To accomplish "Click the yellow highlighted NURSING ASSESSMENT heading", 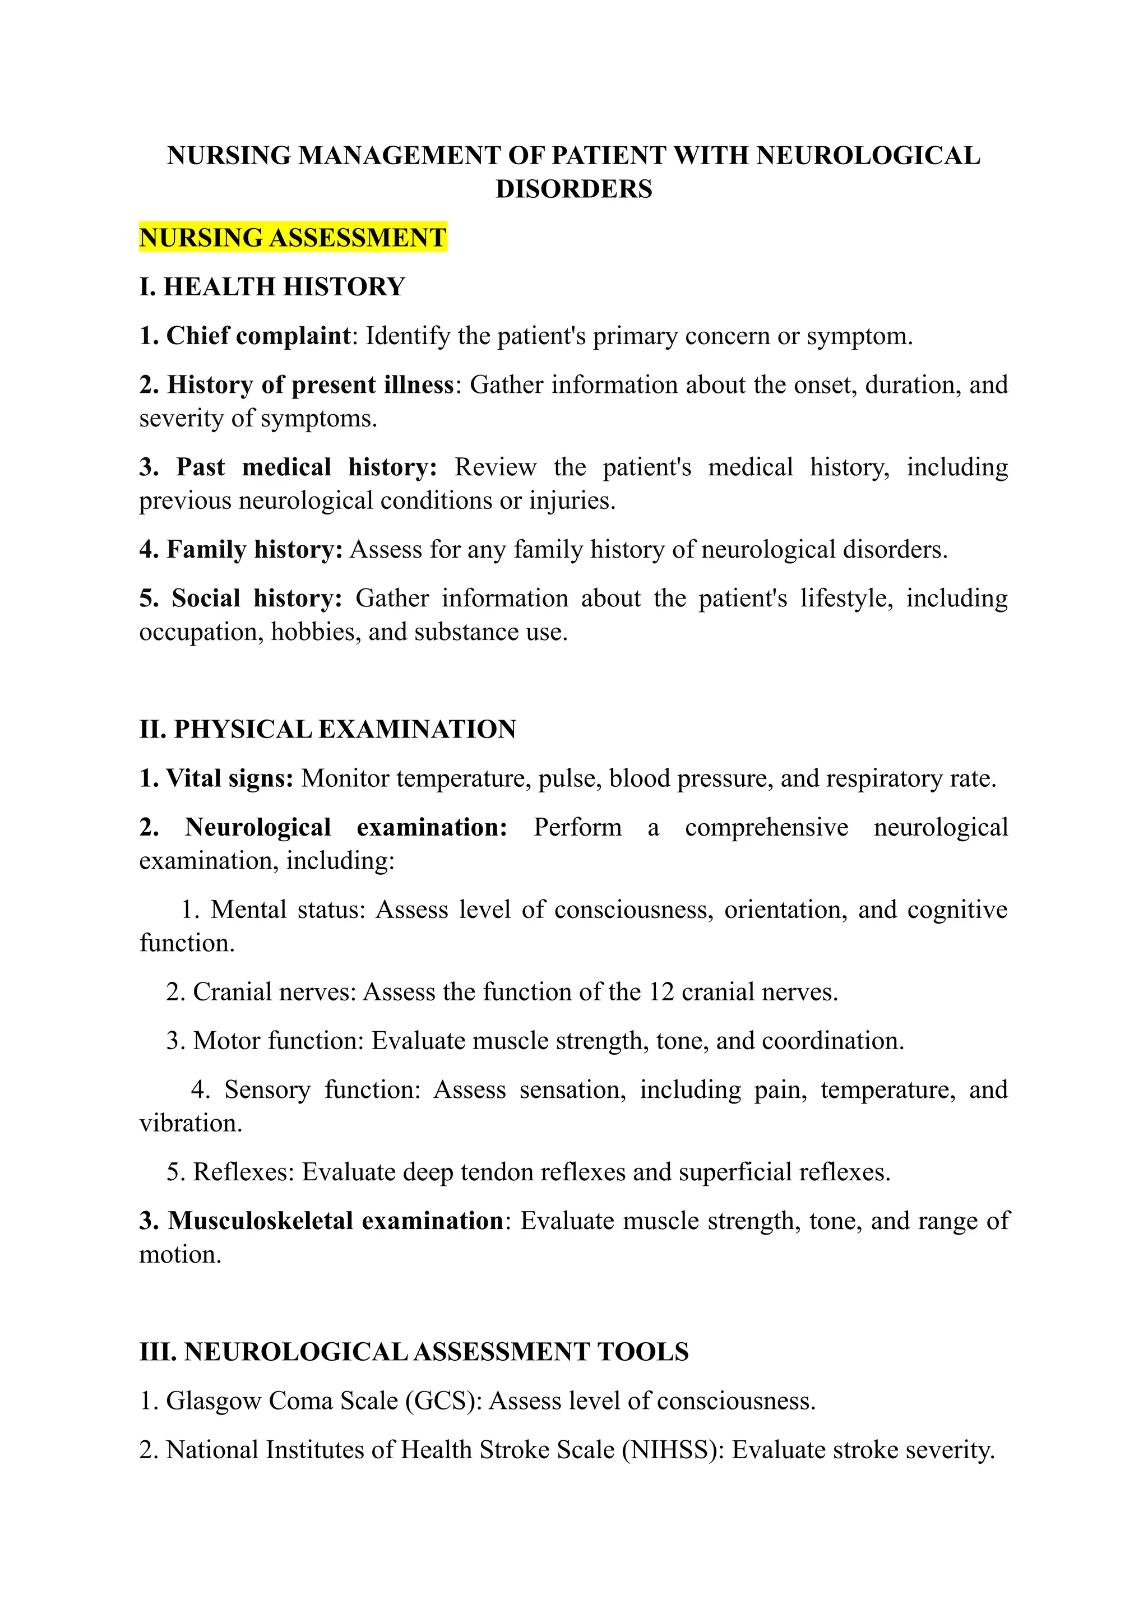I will [293, 238].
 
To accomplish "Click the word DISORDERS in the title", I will [573, 189].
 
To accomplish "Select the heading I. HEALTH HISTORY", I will [272, 286].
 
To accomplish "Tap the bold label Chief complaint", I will [258, 336].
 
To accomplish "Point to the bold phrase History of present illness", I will [311, 384].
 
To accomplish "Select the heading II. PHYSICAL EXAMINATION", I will [327, 729].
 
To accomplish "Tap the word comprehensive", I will [766, 827].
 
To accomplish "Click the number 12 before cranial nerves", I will [661, 992].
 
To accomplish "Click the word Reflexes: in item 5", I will [243, 1172].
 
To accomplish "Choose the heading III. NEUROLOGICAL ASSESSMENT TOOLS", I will [414, 1352].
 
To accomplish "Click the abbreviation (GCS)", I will [443, 1401].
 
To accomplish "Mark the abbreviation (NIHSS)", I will [673, 1450].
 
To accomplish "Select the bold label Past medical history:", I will [306, 467].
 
